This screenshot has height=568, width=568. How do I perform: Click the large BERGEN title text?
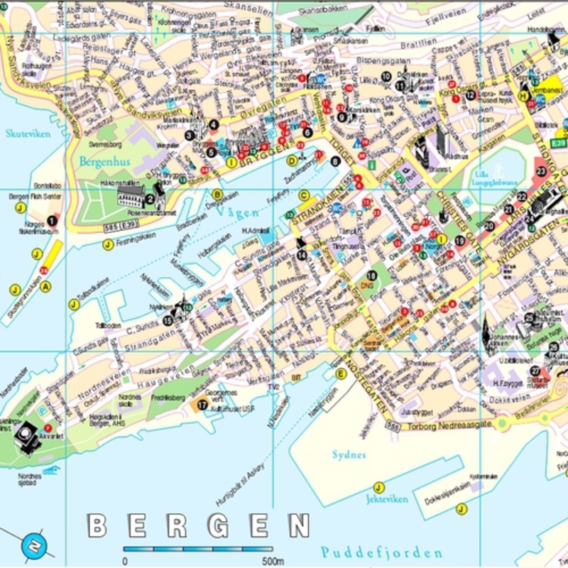198,526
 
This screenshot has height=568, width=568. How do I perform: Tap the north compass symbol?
33,546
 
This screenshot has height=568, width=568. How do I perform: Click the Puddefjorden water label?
381,552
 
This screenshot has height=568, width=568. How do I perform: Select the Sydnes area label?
349,454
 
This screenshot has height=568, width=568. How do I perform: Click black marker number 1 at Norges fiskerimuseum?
51,221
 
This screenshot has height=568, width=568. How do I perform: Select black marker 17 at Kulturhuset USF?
202,405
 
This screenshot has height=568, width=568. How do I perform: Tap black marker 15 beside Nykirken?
168,320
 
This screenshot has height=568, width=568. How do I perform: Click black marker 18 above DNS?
371,275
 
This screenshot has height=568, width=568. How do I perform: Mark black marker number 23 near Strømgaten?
542,171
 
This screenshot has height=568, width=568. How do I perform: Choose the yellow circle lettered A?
46,286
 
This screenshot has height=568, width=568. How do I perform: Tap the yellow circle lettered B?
217,195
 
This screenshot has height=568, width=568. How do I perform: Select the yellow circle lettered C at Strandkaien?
304,196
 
